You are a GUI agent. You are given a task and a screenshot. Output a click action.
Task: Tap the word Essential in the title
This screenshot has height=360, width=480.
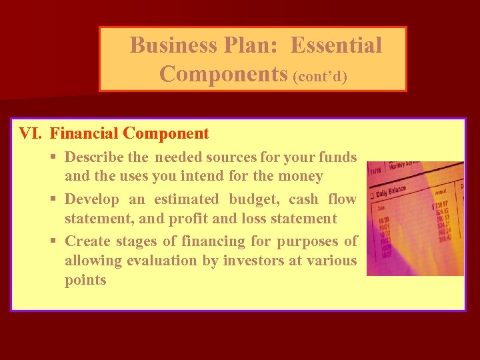click(x=337, y=45)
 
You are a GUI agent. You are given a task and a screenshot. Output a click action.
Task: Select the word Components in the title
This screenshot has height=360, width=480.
click(x=223, y=74)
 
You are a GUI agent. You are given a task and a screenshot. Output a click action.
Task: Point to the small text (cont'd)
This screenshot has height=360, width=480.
click(x=320, y=76)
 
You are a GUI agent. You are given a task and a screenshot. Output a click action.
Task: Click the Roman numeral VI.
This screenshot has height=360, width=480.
click(x=30, y=133)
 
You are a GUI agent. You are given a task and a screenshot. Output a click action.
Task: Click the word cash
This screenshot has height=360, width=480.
click(x=303, y=199)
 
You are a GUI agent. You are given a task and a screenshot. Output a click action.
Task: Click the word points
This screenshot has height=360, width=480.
click(x=85, y=280)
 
